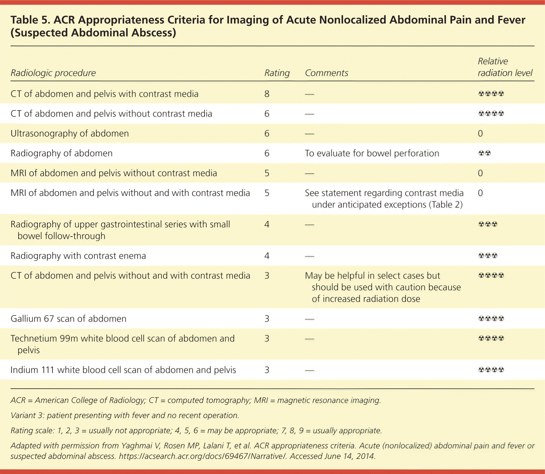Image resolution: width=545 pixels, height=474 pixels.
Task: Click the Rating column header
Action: tap(277, 73)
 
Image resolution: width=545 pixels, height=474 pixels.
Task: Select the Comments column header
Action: tap(326, 73)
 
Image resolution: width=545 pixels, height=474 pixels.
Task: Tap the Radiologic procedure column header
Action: tap(53, 73)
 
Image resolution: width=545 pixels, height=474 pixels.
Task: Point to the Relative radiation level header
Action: tap(505, 67)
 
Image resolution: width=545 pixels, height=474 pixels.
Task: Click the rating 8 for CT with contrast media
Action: tap(267, 94)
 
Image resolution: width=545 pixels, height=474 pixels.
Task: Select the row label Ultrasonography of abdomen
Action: tap(70, 133)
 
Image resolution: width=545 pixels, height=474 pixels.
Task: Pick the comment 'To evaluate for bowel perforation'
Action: tap(372, 153)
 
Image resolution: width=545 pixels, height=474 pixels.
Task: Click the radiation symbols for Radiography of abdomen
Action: tap(485, 153)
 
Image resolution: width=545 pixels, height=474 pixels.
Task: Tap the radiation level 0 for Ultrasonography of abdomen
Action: tap(480, 133)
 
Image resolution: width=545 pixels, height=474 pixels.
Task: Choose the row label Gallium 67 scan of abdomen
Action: tap(68, 319)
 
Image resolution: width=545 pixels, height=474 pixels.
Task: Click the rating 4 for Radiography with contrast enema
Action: tap(267, 256)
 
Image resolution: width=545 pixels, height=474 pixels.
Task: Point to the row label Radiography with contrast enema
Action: tap(78, 256)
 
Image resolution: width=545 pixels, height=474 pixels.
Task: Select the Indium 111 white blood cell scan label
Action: tap(123, 370)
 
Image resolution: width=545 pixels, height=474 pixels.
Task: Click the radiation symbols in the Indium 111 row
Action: tap(491, 370)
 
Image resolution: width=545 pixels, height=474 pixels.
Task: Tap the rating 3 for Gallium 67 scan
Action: tap(267, 319)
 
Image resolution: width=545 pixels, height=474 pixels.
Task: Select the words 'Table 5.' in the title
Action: tap(30, 20)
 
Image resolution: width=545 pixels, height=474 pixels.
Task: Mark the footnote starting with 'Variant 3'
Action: tap(125, 415)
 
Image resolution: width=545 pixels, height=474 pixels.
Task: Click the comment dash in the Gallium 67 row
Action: tap(309, 319)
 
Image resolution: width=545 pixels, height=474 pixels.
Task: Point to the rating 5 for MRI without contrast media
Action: tap(267, 173)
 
